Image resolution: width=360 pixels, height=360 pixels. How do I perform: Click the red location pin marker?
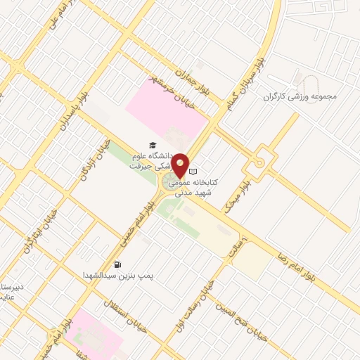point(181,165)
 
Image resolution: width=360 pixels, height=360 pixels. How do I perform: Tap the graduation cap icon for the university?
point(152,145)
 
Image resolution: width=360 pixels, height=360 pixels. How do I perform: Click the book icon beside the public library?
point(194,172)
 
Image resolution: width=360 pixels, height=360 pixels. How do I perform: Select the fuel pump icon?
point(116,265)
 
